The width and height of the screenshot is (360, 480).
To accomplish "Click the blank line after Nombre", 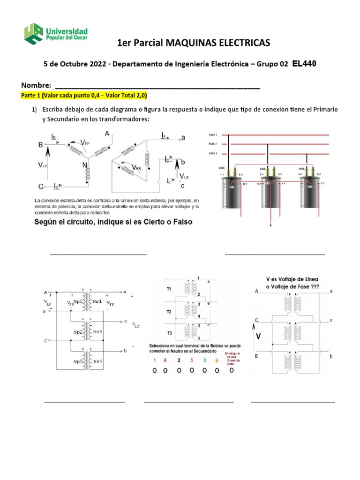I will (x=157, y=87).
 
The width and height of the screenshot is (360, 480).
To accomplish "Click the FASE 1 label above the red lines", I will (x=213, y=135).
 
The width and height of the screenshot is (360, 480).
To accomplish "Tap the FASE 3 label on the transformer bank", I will (x=213, y=153).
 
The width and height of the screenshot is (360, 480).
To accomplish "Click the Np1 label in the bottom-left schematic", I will (x=78, y=302).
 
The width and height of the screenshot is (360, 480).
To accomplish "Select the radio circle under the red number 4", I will (x=165, y=370).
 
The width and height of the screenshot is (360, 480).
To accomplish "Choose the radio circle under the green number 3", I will (x=205, y=370).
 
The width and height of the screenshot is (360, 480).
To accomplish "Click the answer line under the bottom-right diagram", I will (x=293, y=402).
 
